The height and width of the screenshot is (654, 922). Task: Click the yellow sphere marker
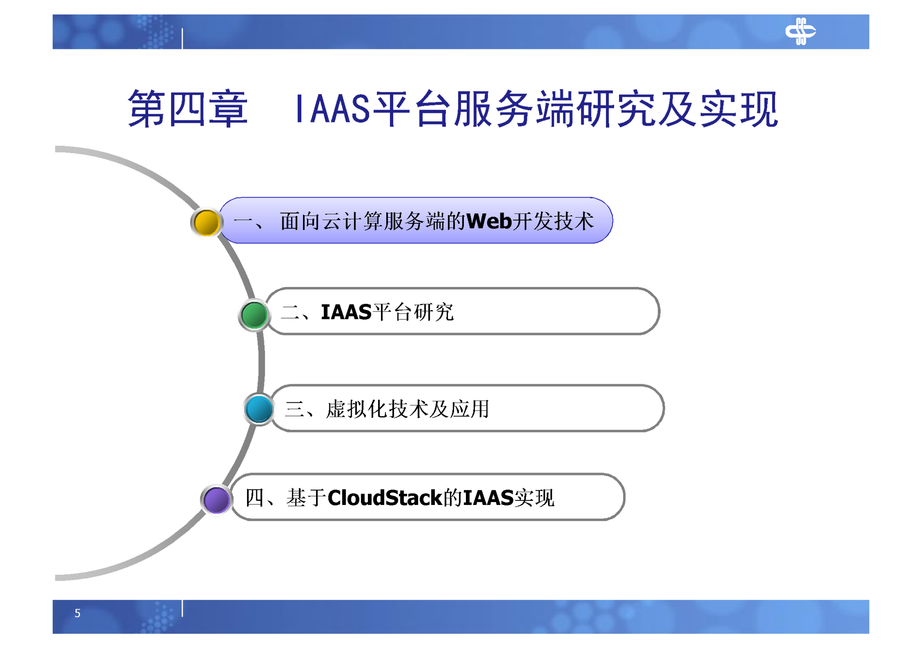coord(206,222)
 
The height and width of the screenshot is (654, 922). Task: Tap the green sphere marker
coord(254,315)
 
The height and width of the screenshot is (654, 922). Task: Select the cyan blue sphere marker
coord(259,409)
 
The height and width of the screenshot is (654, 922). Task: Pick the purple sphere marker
coord(216,499)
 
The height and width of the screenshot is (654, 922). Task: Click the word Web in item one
coord(489,221)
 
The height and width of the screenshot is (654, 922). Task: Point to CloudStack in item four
coord(385,498)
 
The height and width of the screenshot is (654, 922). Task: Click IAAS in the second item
coord(346,312)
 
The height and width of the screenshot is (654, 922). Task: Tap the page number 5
coord(78,613)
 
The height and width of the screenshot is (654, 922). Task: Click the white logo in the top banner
coord(800,31)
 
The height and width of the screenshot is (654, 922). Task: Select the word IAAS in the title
coord(333,109)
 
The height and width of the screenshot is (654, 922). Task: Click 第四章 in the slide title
coord(188,109)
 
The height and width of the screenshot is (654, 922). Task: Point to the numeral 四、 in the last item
coord(260,498)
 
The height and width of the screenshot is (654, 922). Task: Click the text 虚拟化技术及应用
coord(407,409)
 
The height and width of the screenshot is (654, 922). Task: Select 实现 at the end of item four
coord(534,498)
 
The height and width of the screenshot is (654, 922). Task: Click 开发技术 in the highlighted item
coord(553,221)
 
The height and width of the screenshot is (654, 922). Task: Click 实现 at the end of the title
coord(739,109)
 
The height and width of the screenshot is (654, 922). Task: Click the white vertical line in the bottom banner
coord(182,608)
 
